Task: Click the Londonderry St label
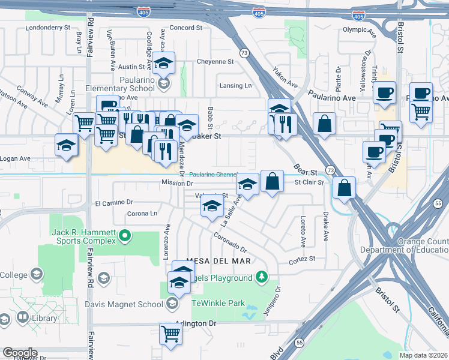[x=46, y=28]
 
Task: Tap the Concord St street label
[x=186, y=28]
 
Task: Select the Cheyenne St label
[x=215, y=62]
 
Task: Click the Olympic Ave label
[x=359, y=30]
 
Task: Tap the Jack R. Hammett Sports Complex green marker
[x=125, y=236]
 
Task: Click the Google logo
[x=19, y=353]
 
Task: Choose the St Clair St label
[x=309, y=182]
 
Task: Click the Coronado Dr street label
[x=229, y=242]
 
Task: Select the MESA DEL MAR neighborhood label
[x=218, y=261]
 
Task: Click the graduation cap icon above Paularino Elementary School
[x=163, y=62]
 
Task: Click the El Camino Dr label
[x=112, y=204]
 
